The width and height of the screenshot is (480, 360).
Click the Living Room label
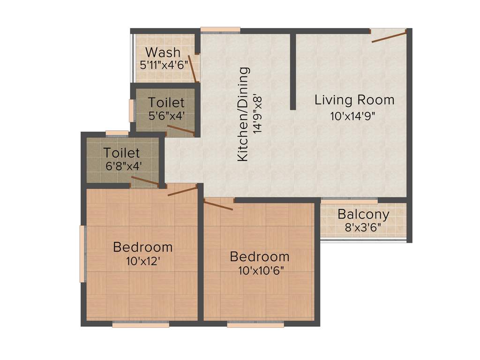(x=354, y=100)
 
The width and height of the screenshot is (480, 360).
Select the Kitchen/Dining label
(x=243, y=114)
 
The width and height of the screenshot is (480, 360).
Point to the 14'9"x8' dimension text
(x=257, y=114)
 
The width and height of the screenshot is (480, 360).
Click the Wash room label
(x=163, y=52)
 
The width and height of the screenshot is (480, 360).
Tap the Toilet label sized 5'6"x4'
(x=166, y=102)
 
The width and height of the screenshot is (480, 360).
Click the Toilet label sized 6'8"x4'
(x=122, y=153)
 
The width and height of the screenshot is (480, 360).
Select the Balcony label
(x=363, y=215)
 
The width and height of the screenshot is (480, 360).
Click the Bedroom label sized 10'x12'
(x=143, y=247)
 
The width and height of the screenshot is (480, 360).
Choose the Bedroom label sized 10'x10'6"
(x=259, y=256)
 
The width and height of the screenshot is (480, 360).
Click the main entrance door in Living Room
(x=389, y=36)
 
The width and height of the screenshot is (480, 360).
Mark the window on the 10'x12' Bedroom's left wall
(x=83, y=254)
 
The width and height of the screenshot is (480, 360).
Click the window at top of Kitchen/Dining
(x=220, y=30)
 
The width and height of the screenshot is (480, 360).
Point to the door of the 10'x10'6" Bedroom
(x=218, y=204)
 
